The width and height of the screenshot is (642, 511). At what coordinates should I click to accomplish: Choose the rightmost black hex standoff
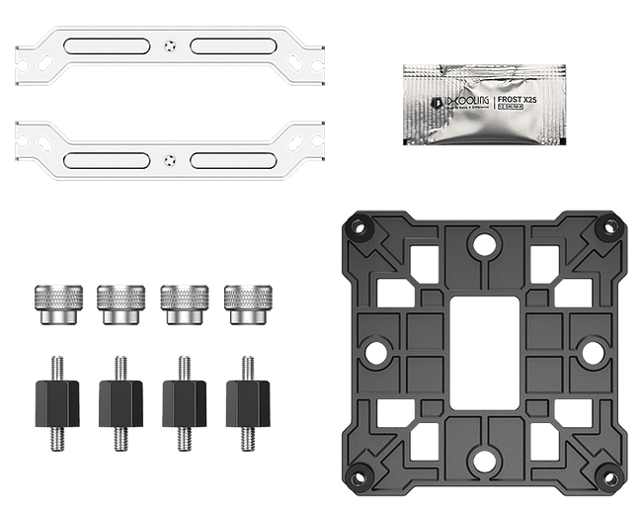244,396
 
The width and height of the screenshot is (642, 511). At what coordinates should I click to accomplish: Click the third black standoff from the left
182,396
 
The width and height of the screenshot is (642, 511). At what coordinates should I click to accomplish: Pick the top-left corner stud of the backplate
359,226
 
